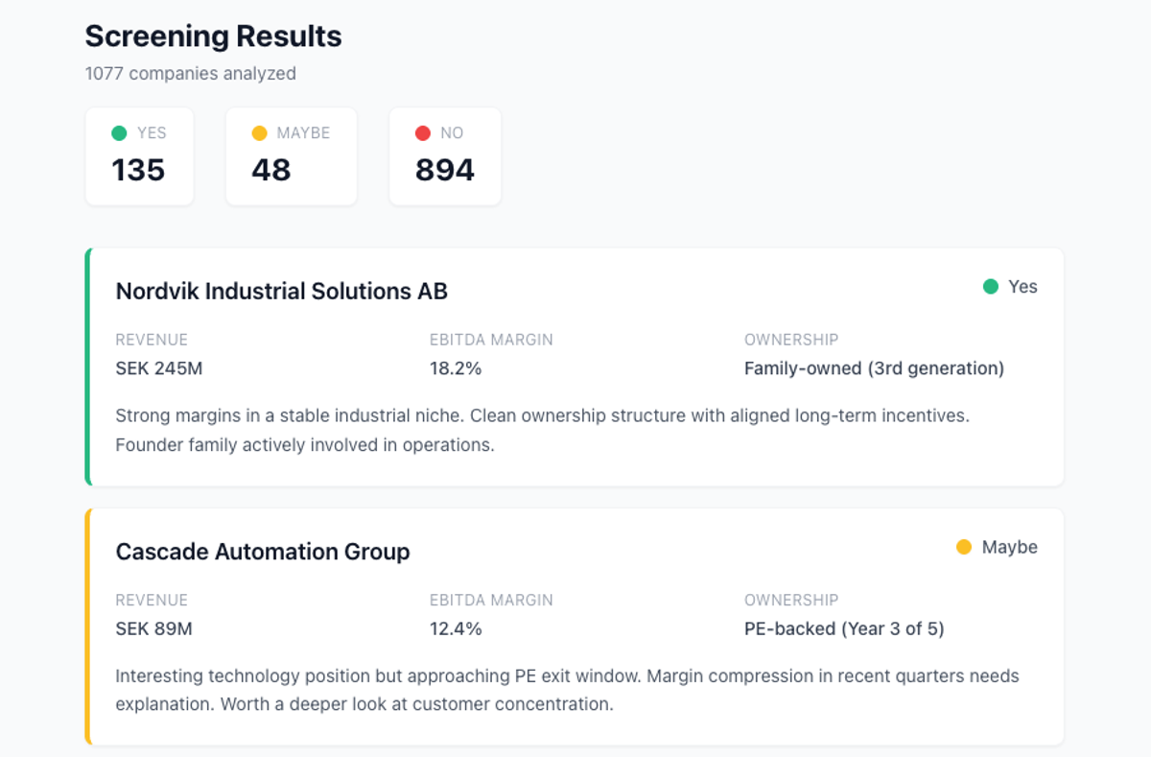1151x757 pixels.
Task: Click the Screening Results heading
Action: [x=213, y=36]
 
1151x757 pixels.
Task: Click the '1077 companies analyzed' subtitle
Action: [x=190, y=74]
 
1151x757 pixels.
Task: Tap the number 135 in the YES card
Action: [x=138, y=170]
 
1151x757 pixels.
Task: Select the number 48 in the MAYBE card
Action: [x=270, y=170]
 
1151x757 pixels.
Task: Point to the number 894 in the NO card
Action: [x=444, y=170]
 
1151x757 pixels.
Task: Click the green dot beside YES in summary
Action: [x=119, y=133]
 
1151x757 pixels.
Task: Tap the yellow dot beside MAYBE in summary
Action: [x=259, y=133]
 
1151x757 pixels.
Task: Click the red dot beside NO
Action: [x=422, y=133]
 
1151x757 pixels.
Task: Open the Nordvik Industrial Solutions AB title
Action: [x=281, y=291]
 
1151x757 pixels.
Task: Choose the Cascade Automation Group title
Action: [x=262, y=552]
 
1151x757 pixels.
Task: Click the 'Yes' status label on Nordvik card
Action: [x=1022, y=287]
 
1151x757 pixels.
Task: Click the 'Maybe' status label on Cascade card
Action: [x=1009, y=547]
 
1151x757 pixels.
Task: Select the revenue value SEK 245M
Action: [x=159, y=368]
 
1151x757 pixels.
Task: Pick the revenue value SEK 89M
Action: [x=153, y=629]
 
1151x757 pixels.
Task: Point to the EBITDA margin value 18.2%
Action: [x=456, y=368]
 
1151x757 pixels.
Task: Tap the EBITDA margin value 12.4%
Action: [x=456, y=629]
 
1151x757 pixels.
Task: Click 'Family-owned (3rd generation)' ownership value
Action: [x=874, y=368]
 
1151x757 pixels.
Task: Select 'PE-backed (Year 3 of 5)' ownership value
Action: [x=844, y=629]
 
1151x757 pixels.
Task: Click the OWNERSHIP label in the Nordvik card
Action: [x=791, y=340]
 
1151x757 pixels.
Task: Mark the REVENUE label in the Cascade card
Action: [x=152, y=601]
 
